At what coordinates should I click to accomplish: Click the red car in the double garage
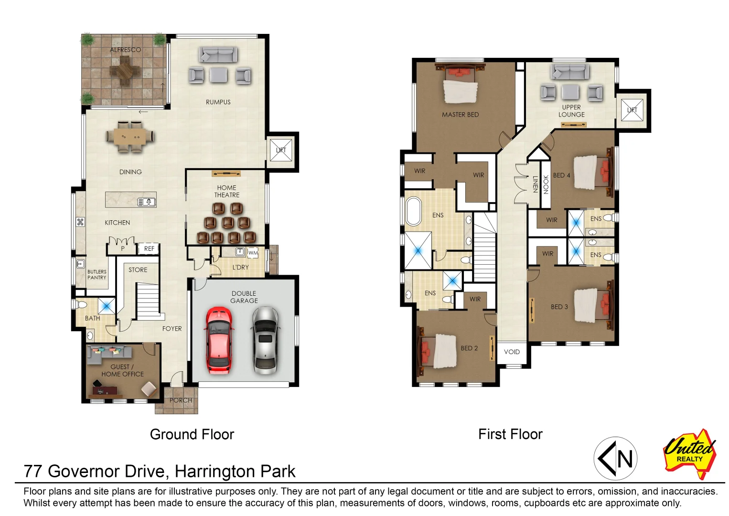point(219,340)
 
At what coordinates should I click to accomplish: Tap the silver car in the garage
point(265,340)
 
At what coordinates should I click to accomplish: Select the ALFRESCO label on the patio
point(125,50)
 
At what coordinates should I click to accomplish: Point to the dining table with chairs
point(130,137)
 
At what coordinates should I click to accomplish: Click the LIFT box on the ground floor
point(281,150)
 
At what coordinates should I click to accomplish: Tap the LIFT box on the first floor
point(632,110)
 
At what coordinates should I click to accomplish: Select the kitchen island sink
point(147,202)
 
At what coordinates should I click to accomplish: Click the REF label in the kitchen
point(149,248)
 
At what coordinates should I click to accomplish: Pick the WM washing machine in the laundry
point(253,252)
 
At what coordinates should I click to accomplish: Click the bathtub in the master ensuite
point(413,211)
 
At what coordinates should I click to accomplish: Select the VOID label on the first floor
point(512,352)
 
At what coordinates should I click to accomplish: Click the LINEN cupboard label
point(535,184)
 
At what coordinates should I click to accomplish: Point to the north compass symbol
point(615,459)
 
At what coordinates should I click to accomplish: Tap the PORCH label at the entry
point(181,400)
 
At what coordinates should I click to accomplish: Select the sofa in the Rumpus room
point(218,55)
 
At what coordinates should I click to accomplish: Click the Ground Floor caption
point(192,434)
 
